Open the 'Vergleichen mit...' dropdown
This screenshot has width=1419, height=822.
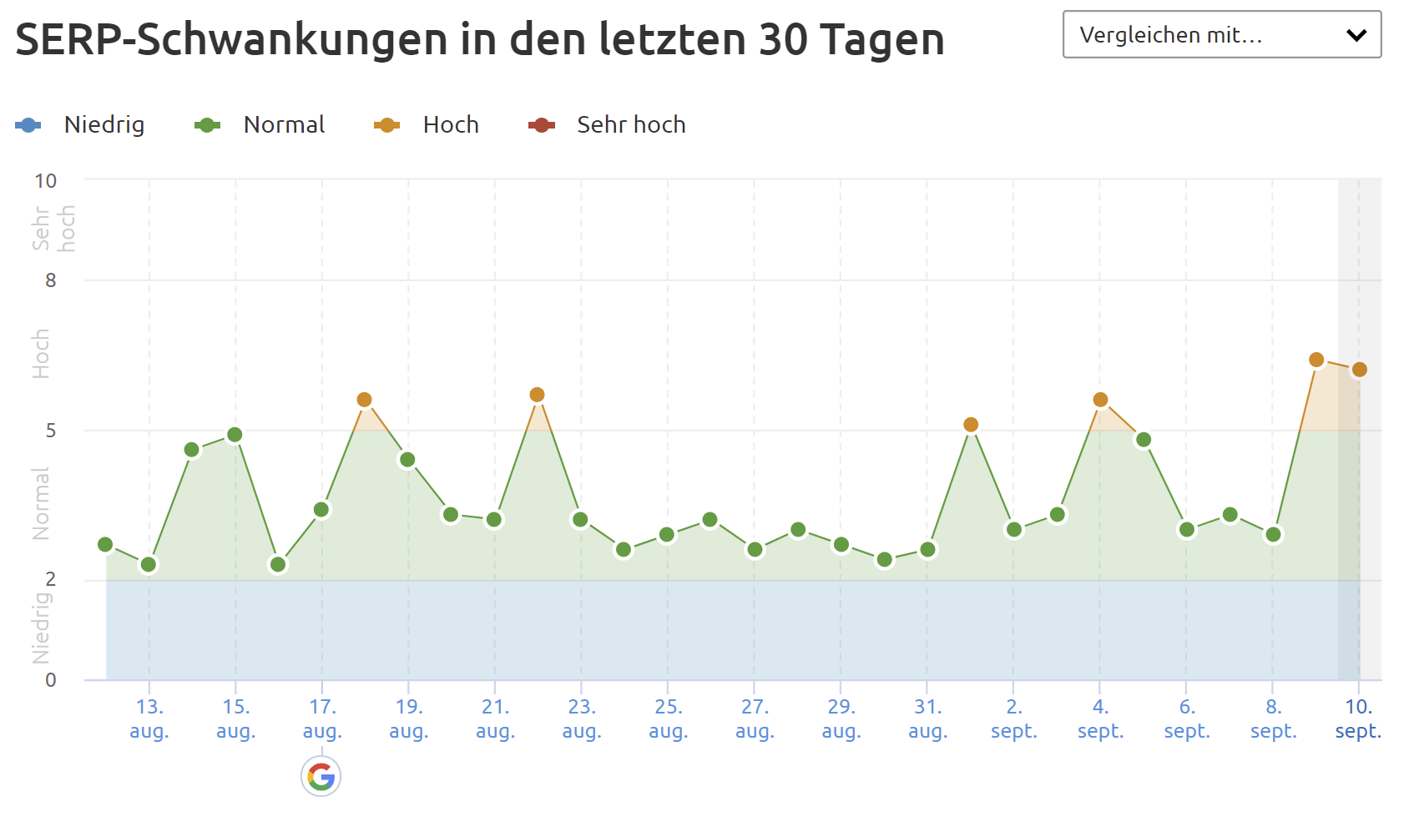pos(1221,35)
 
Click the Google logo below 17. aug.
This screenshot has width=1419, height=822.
pos(321,777)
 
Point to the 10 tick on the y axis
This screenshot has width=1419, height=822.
pos(46,181)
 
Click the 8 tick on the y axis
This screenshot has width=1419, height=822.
pos(51,280)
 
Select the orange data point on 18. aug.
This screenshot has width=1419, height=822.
pos(364,400)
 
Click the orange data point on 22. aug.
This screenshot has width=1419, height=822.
pos(537,395)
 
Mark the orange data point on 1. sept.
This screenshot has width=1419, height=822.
pos(971,425)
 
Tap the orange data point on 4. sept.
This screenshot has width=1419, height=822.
pos(1100,400)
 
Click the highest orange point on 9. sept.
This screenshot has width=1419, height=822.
pos(1316,360)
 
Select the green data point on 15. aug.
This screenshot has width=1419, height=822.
pos(235,435)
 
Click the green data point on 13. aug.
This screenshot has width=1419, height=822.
pos(149,565)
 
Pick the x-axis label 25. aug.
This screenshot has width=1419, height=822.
pos(668,719)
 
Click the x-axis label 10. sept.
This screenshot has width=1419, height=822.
pos(1358,719)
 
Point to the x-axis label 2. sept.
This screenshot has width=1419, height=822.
pos(1013,719)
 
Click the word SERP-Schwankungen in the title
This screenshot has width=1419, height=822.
pos(231,39)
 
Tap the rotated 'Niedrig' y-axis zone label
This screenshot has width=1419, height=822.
pos(41,628)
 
